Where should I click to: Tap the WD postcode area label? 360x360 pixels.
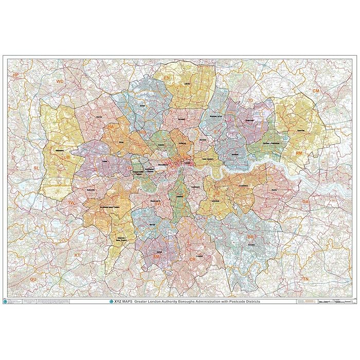coord(60,81)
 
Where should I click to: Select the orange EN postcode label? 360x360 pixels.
coord(167,78)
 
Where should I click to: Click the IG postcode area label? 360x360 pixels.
coord(251,100)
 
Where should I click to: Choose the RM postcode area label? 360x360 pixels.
coord(299,153)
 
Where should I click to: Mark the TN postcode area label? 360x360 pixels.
coord(305,278)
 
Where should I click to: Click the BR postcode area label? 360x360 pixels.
coord(251,237)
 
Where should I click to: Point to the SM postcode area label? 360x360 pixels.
coord(157,256)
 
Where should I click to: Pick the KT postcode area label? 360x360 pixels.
coord(78,255)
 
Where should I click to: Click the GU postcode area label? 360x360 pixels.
coord(33,278)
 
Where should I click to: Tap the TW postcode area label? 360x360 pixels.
coord(71,203)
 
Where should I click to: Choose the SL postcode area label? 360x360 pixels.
coord(36,168)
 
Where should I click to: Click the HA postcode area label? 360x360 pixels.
coord(111,126)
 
